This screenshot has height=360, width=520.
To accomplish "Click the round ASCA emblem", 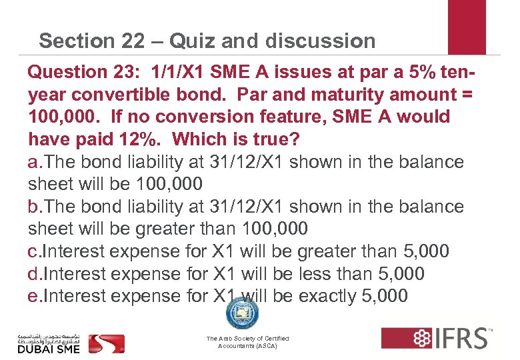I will tap(242, 312).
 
